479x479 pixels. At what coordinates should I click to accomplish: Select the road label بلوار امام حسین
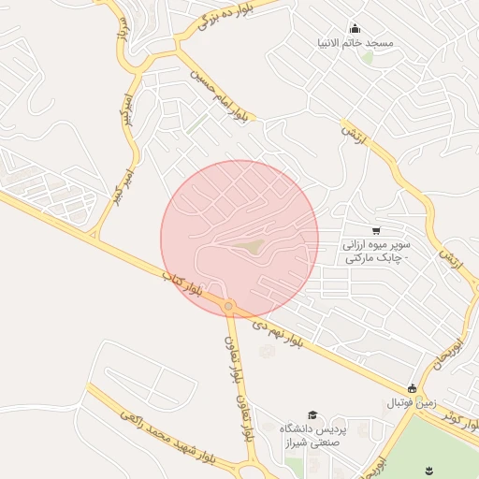(219, 94)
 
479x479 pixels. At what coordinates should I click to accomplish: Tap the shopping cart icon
(376, 230)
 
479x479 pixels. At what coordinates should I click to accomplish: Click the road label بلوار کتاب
(182, 286)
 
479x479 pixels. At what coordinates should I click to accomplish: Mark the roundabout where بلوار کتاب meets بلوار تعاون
(228, 305)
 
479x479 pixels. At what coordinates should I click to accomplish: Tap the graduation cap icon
(312, 414)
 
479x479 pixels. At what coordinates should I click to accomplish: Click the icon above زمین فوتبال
(412, 388)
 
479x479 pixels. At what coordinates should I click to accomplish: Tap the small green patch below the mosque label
(367, 58)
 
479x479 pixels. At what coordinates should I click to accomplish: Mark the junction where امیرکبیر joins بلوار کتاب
(94, 236)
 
